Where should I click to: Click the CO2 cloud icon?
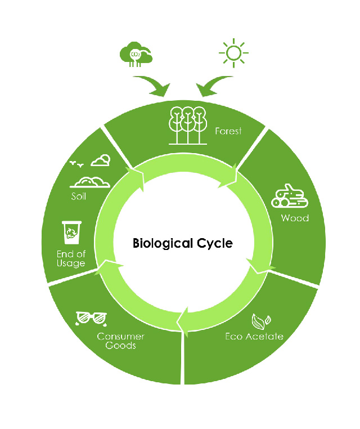(136, 54)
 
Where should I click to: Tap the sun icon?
(233, 53)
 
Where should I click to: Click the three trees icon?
(187, 126)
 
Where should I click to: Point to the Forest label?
(228, 131)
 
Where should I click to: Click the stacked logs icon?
(290, 196)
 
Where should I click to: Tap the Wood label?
(295, 218)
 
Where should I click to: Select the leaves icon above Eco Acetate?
(261, 321)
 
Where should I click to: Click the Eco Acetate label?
(254, 336)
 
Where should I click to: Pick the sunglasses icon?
(91, 319)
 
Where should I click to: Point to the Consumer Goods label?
(120, 341)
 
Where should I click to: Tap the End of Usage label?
(71, 258)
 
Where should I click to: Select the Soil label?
(78, 196)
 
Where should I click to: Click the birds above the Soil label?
(76, 164)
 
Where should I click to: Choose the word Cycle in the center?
(215, 244)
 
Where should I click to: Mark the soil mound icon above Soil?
(90, 182)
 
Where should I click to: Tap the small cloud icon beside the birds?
(101, 160)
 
